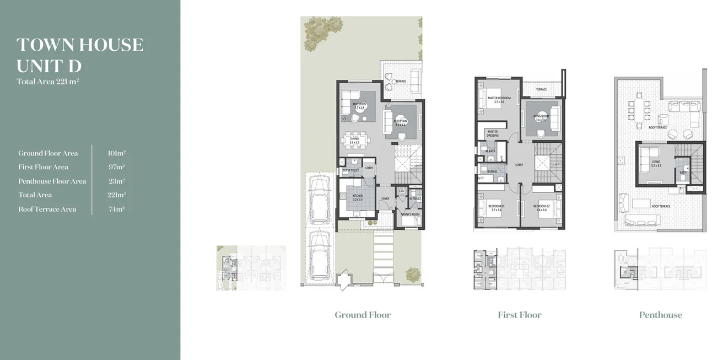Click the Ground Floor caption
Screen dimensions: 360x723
click(363, 315)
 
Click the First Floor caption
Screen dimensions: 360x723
click(519, 315)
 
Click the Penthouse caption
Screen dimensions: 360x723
click(660, 315)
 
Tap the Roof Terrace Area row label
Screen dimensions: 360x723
click(47, 209)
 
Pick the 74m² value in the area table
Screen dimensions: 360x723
click(117, 209)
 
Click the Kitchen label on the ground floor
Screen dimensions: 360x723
click(358, 196)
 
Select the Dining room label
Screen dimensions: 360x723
click(354, 141)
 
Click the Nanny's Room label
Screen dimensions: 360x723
click(411, 214)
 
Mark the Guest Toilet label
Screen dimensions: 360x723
click(350, 170)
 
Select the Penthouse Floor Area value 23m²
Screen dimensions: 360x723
click(117, 181)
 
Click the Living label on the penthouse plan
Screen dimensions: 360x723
click(655, 163)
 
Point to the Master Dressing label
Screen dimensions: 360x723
click(492, 133)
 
